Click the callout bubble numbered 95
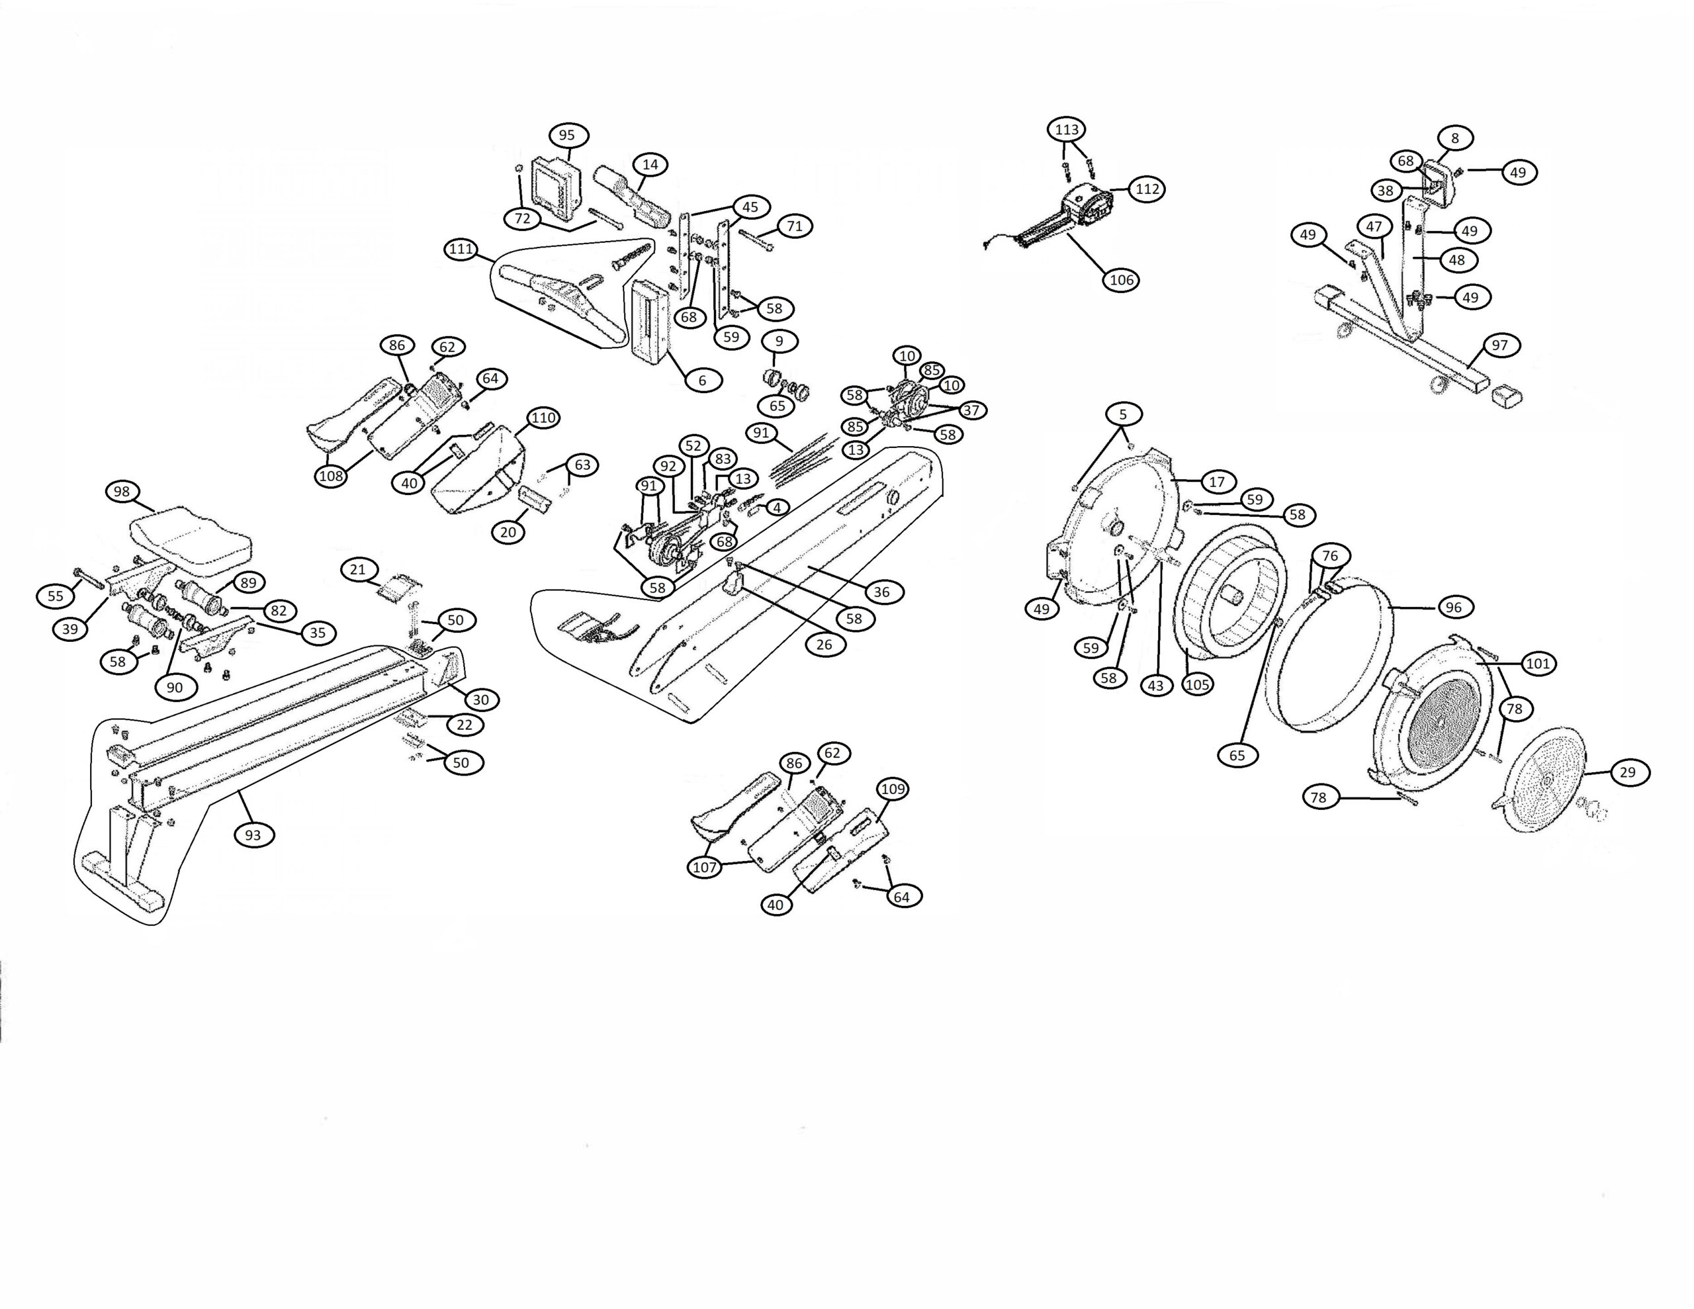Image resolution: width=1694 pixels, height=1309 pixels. tap(567, 135)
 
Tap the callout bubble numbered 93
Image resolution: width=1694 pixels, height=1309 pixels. tap(253, 835)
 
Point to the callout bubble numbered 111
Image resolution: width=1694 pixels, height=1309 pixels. tap(461, 249)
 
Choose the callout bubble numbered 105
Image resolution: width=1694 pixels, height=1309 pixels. tap(1197, 684)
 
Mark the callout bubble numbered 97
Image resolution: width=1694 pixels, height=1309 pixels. tap(1500, 345)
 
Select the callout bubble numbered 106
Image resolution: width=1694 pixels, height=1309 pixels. tap(1122, 279)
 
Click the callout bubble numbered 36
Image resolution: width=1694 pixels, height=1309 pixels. tap(882, 592)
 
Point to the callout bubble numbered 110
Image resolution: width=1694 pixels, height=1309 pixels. tap(543, 418)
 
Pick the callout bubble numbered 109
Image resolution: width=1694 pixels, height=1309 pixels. tap(893, 789)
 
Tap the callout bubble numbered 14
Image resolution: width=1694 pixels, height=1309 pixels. tap(650, 165)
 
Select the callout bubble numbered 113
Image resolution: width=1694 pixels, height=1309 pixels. tap(1067, 129)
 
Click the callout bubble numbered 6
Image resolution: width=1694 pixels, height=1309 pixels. tap(703, 381)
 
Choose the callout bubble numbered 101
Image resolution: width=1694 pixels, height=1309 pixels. tap(1538, 663)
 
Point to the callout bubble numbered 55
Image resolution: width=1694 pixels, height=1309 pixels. tap(56, 596)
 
